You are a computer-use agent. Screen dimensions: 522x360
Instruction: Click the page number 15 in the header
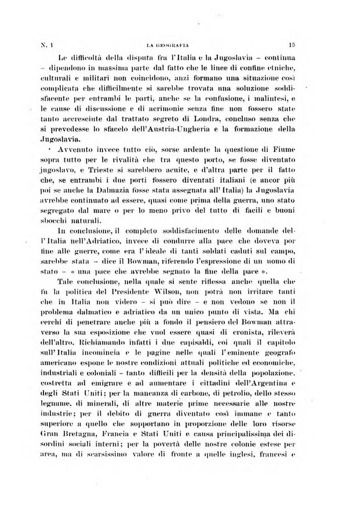[x=291, y=44]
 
